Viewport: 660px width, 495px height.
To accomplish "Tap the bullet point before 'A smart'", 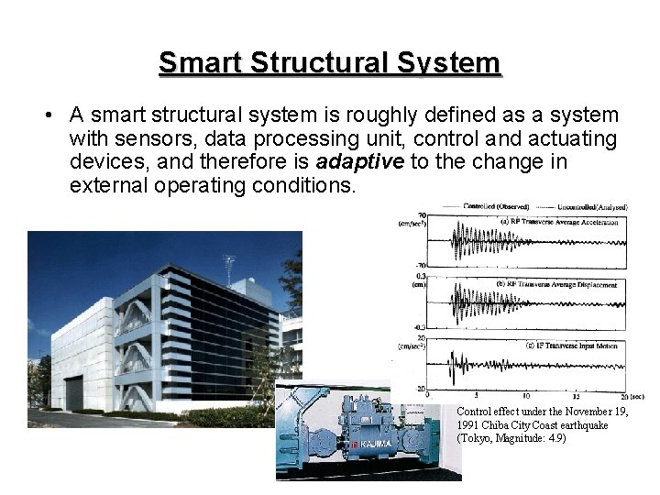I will click(45, 116).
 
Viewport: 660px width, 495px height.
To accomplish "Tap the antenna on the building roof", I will click(229, 267).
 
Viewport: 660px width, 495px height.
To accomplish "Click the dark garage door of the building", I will click(74, 394).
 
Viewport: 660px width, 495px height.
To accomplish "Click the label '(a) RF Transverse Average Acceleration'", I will click(556, 222).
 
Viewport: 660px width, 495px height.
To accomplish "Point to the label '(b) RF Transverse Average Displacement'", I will click(556, 285).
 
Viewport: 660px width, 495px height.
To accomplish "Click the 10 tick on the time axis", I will click(525, 397).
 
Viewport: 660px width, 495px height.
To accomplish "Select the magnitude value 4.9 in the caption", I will click(555, 438).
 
